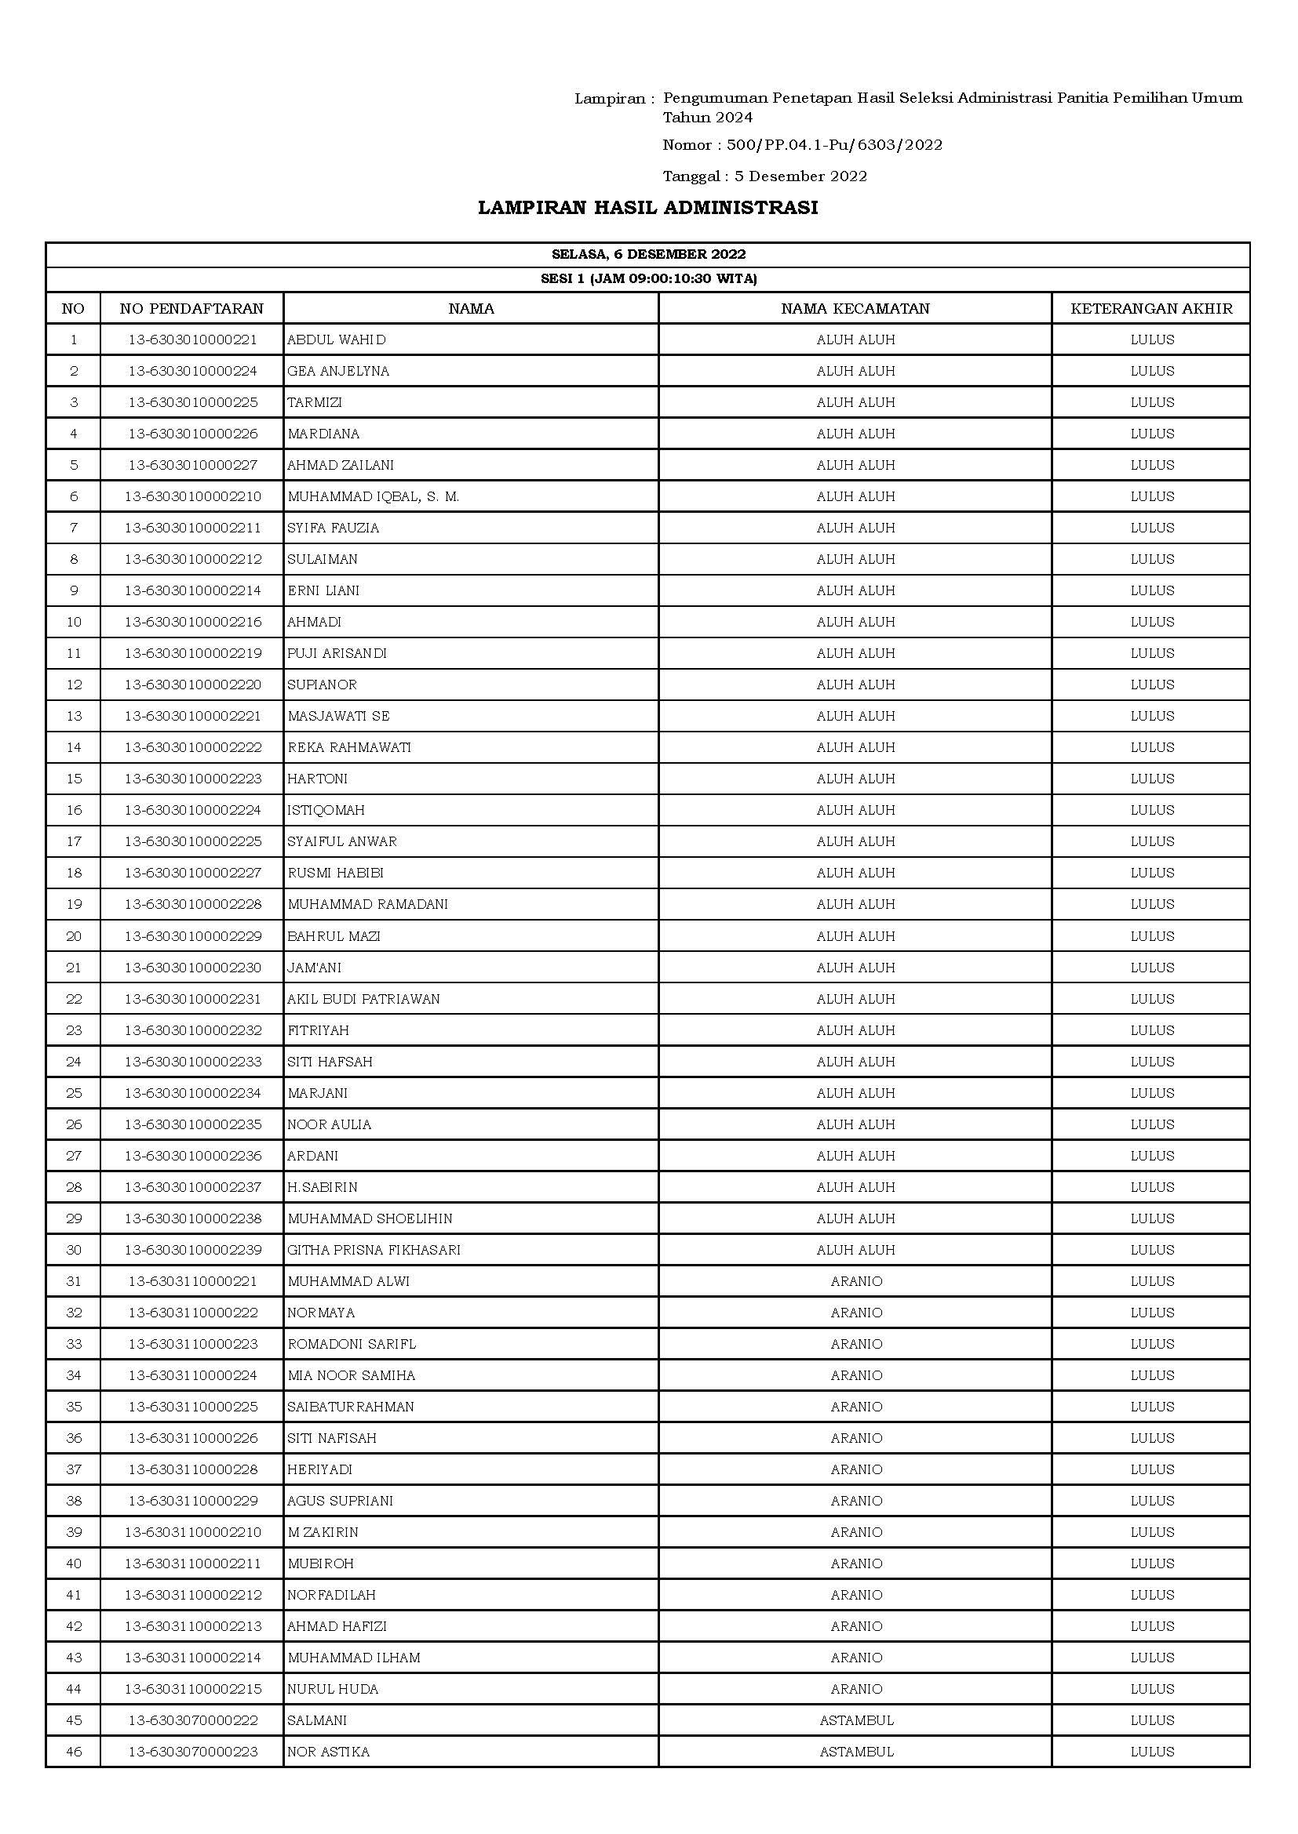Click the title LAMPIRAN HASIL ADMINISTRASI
tap(647, 208)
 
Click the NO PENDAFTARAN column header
tap(191, 308)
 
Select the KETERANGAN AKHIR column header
tap(1151, 308)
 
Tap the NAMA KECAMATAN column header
tap(855, 308)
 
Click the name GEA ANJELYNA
tap(338, 371)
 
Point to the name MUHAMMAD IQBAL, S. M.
tap(374, 496)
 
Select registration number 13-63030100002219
tap(192, 653)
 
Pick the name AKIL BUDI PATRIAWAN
tap(363, 998)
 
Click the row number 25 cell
tap(74, 1093)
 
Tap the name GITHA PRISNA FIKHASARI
tap(374, 1249)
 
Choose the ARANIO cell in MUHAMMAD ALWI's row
tap(856, 1281)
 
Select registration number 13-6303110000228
tap(192, 1469)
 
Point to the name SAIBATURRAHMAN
tap(351, 1407)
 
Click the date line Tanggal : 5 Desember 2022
tap(765, 176)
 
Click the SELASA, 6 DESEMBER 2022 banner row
tap(648, 255)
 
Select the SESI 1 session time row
tap(648, 279)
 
